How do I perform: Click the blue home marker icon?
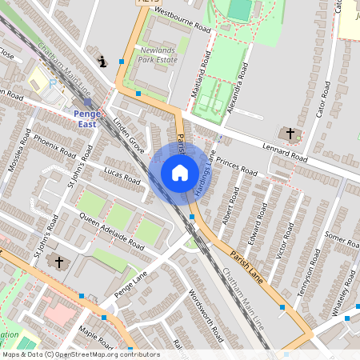(x=180, y=172)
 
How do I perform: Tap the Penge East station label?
(x=86, y=118)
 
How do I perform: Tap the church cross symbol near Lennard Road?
(x=290, y=134)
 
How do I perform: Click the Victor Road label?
(x=280, y=239)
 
